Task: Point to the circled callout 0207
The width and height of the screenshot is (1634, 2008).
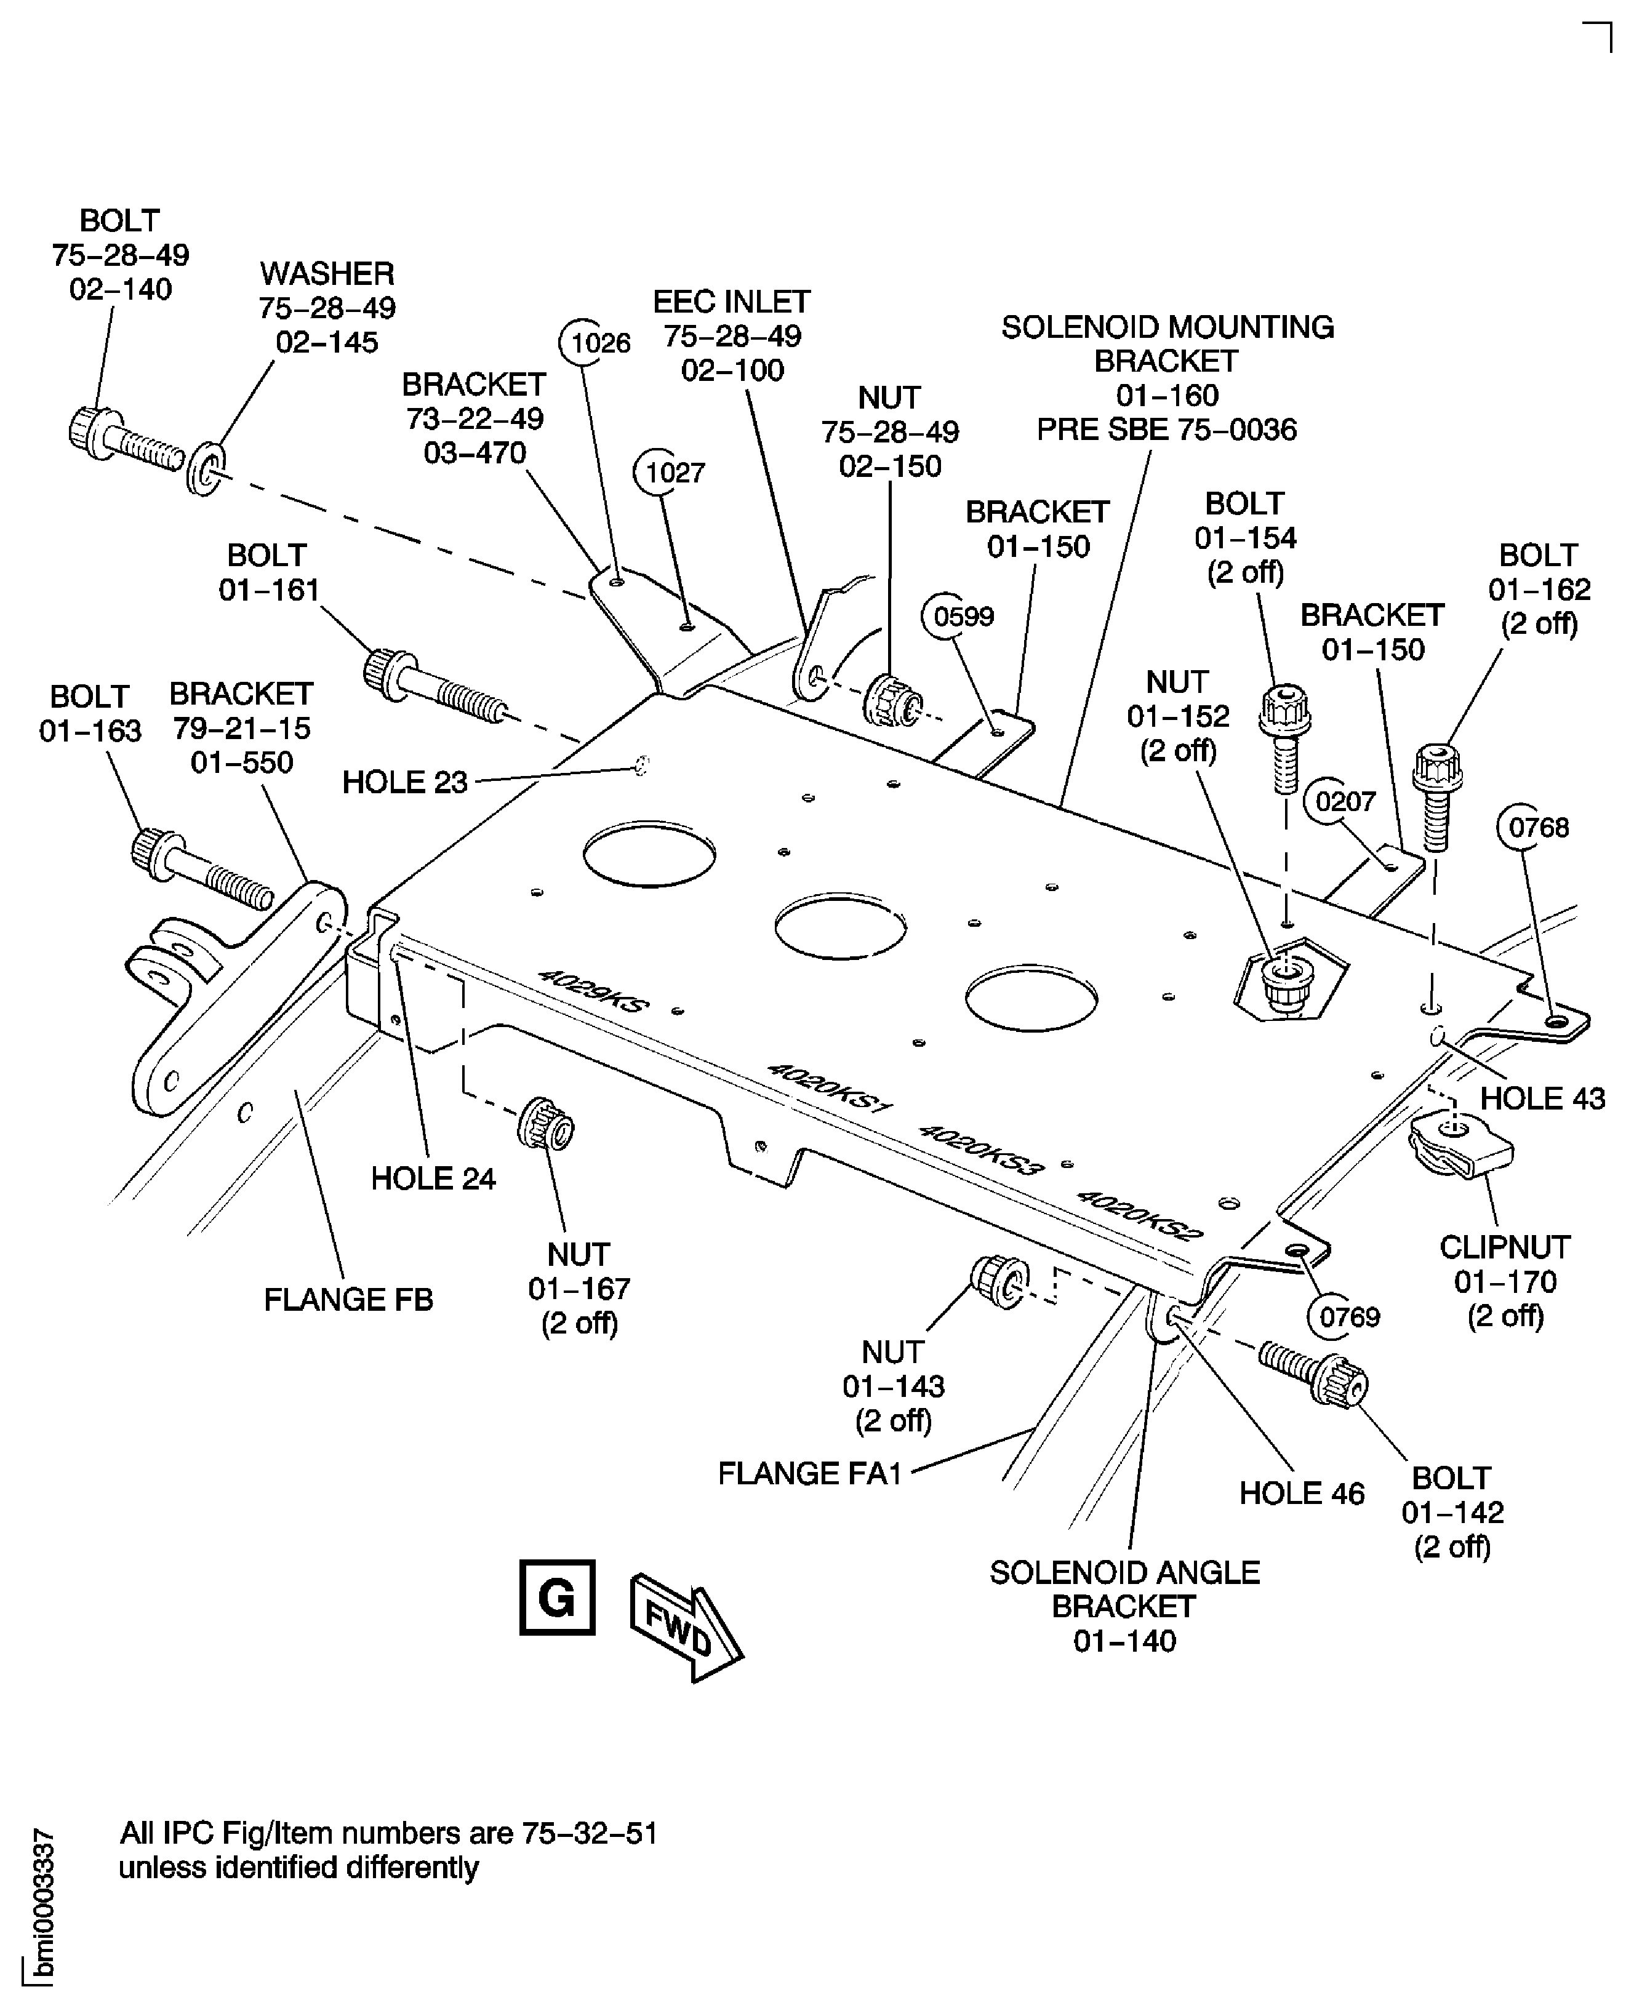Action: [1344, 802]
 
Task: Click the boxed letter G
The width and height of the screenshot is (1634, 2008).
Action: [557, 1598]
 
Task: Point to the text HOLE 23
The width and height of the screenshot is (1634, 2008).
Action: [405, 782]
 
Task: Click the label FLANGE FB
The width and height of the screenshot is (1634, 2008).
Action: [348, 1300]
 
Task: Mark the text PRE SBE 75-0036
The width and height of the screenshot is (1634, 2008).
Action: [1166, 430]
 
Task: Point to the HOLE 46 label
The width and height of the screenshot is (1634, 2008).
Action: [1301, 1494]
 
